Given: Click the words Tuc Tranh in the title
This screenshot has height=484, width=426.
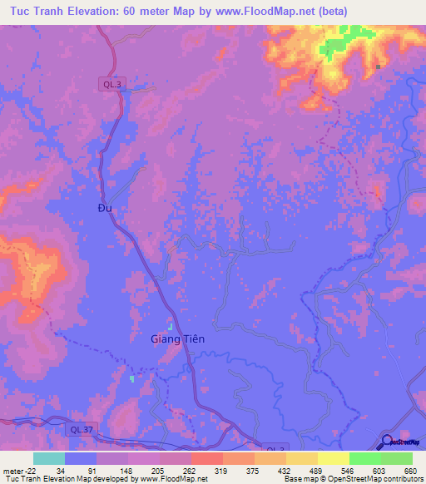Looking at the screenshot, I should [42, 11].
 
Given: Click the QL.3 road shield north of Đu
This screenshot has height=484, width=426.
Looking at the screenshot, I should [110, 84].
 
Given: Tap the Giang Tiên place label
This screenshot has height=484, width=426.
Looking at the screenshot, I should [177, 339].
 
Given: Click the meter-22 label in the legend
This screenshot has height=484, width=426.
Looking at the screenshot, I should [17, 470].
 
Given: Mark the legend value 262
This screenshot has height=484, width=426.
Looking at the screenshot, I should [191, 470].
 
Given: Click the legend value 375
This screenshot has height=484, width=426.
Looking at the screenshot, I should [254, 470].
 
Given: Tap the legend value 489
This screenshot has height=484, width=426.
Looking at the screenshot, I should [317, 470].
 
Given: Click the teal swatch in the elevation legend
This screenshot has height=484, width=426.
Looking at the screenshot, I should [49, 458].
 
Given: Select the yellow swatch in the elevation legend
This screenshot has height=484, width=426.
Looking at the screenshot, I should [333, 458].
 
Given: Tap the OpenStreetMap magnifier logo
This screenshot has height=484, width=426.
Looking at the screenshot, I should [387, 442].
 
